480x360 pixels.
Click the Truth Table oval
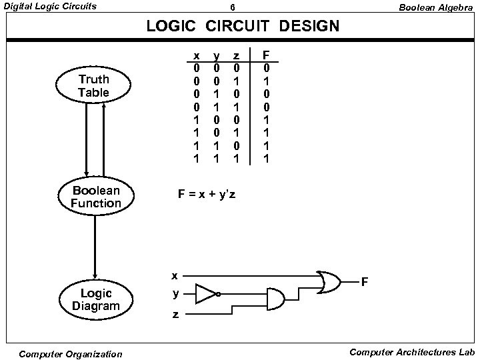point(93,86)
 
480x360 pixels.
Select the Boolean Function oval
point(96,197)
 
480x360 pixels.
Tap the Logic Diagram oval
point(96,300)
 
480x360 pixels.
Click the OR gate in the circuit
point(329,281)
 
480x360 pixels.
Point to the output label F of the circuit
point(365,282)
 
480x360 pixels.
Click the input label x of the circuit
point(174,275)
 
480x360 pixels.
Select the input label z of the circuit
point(175,315)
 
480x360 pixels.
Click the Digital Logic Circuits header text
point(49,7)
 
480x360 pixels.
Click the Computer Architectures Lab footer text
point(410,352)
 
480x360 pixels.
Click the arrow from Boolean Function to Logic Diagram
point(96,247)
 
